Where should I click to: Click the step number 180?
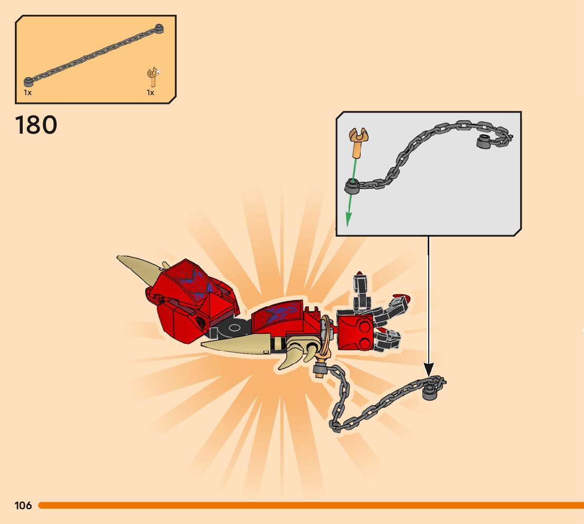point(36,125)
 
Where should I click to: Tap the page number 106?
point(23,506)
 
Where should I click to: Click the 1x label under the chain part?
point(27,92)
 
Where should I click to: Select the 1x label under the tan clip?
point(150,92)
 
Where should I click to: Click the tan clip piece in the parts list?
point(153,77)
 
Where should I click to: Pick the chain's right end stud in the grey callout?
point(484,142)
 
